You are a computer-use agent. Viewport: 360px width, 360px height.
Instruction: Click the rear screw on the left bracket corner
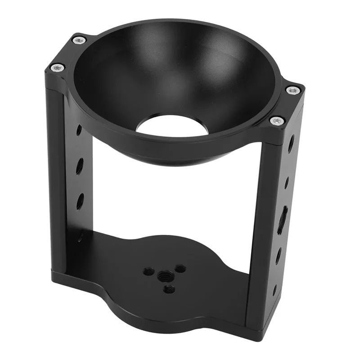(79, 40)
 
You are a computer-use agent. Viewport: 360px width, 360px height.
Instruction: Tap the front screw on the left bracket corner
(57, 67)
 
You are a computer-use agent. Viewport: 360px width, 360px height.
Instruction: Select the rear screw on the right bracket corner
(293, 90)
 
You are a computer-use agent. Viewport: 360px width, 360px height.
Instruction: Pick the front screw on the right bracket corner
(277, 121)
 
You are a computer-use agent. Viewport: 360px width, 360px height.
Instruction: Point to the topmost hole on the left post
(79, 130)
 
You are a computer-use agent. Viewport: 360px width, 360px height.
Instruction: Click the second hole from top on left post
(80, 166)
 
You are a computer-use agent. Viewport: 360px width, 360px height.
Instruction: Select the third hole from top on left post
(80, 200)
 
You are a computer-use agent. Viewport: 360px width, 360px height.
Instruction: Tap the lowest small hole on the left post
(80, 236)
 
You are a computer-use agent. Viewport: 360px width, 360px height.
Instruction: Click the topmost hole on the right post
(291, 144)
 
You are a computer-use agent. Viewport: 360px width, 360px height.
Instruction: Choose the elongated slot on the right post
(281, 220)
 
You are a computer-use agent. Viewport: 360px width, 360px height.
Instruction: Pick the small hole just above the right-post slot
(287, 182)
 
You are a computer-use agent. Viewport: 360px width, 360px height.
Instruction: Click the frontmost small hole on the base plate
(168, 289)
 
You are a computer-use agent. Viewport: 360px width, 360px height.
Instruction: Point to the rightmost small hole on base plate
(180, 269)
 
